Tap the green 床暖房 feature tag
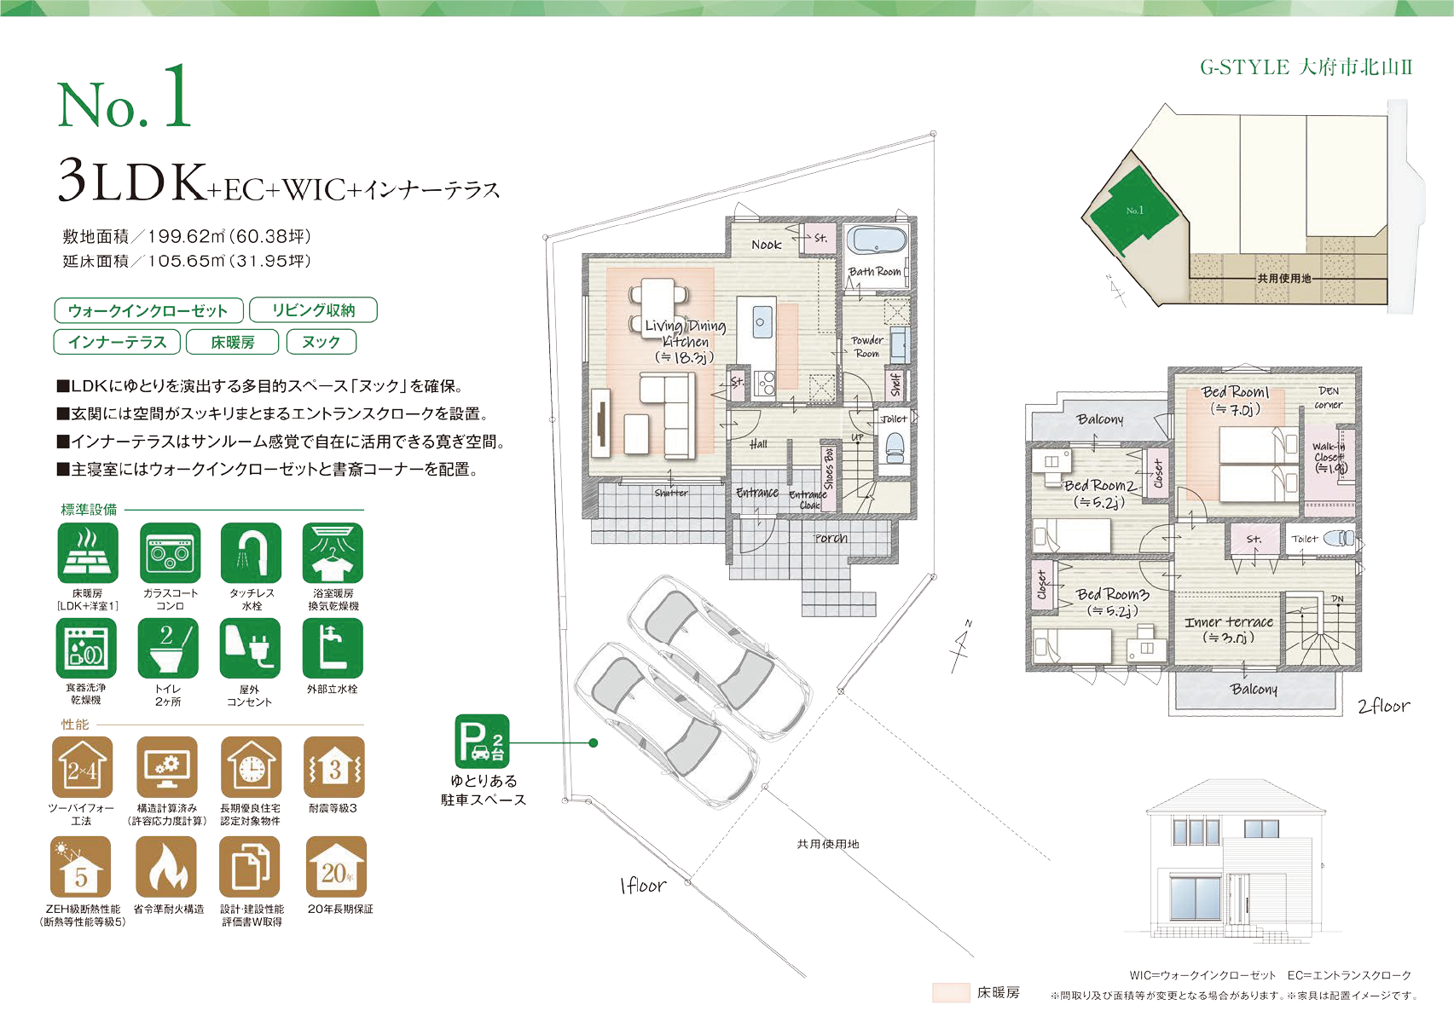coord(233,342)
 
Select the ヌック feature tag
coord(321,342)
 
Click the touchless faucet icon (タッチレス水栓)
coord(251,552)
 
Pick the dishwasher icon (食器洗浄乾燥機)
coord(85,648)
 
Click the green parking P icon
coord(482,741)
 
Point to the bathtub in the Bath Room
coord(876,240)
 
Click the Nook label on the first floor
coord(766,245)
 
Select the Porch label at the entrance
coord(830,538)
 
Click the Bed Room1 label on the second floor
coord(1235,392)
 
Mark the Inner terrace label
coord(1228,623)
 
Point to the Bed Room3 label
coord(1112,594)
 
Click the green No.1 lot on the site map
coord(1134,210)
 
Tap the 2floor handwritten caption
coord(1383,706)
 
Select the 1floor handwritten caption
coord(643,886)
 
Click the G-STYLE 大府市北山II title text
coord(1306,67)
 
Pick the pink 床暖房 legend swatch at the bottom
coord(950,992)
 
